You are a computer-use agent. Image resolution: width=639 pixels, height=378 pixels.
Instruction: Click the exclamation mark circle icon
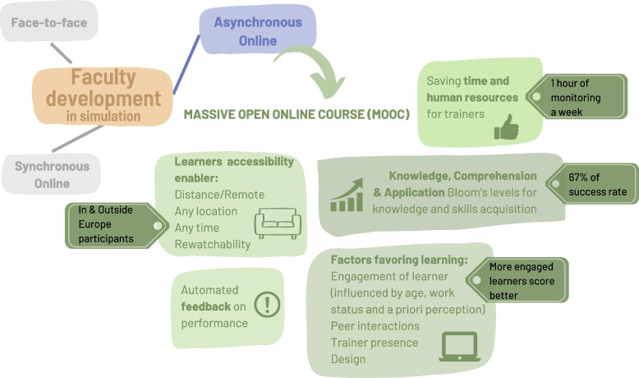(267, 305)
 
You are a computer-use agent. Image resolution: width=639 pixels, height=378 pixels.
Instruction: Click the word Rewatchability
(213, 244)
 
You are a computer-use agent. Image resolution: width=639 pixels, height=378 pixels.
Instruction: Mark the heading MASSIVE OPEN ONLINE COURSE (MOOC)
(297, 113)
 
